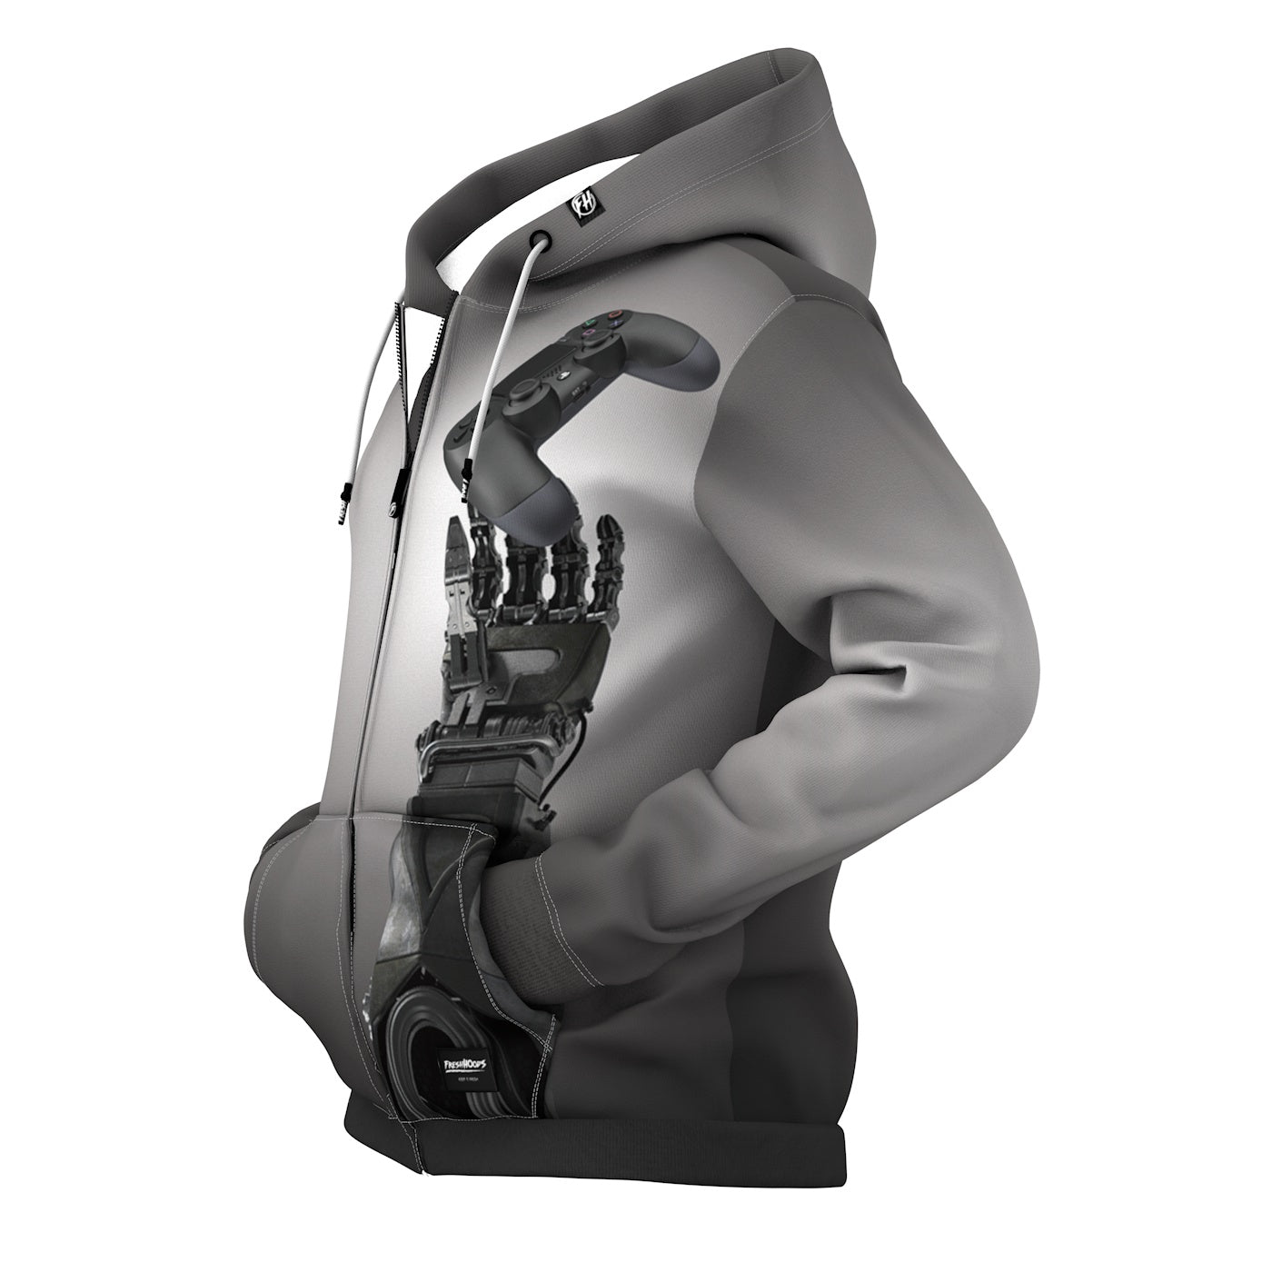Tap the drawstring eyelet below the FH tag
[541, 239]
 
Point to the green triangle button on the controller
[591, 319]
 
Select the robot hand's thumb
[464, 581]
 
